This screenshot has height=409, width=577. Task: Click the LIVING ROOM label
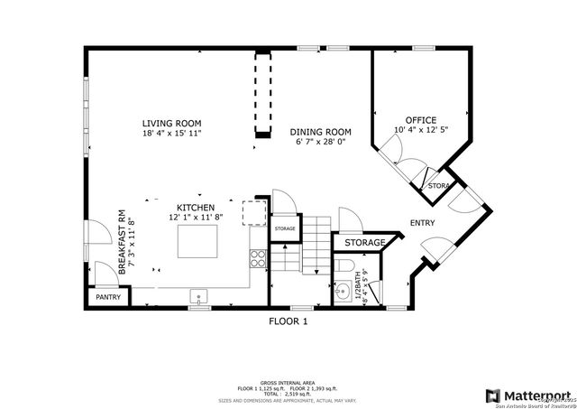171,123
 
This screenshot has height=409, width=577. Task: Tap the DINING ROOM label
320,131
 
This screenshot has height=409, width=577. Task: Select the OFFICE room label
420,120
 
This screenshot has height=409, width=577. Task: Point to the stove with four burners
258,259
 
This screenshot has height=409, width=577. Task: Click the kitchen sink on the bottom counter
198,295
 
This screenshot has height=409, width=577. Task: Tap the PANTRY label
109,297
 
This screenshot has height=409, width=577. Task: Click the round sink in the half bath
343,293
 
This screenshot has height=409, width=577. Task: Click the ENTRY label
425,223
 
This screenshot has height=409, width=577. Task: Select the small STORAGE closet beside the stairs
285,229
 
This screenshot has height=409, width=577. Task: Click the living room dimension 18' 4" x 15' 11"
171,134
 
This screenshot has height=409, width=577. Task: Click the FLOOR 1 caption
288,321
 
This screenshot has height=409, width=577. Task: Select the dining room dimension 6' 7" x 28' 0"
320,142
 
